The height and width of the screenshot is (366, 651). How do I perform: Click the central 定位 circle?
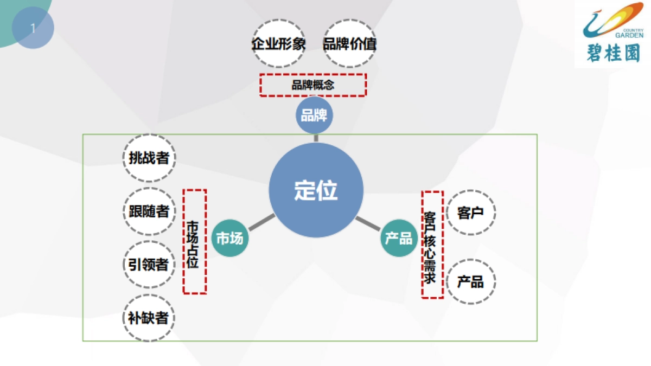(316, 190)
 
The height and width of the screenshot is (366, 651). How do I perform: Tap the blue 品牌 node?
(314, 115)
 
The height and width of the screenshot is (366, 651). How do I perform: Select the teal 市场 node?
(230, 238)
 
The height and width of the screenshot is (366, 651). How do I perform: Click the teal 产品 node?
(399, 238)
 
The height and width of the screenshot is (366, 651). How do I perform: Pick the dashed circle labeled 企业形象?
(279, 44)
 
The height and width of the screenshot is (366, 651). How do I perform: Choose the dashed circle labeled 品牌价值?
(350, 44)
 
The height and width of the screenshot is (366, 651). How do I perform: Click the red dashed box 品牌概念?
(313, 85)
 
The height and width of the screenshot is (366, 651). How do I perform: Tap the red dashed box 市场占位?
(194, 241)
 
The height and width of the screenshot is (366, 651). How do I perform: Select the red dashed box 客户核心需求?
(432, 244)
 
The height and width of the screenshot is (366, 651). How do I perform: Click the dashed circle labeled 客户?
(470, 213)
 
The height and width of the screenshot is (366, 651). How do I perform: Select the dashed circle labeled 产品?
(470, 282)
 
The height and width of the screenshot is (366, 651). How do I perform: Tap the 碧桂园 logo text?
(613, 53)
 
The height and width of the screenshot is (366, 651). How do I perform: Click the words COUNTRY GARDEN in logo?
(630, 34)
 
